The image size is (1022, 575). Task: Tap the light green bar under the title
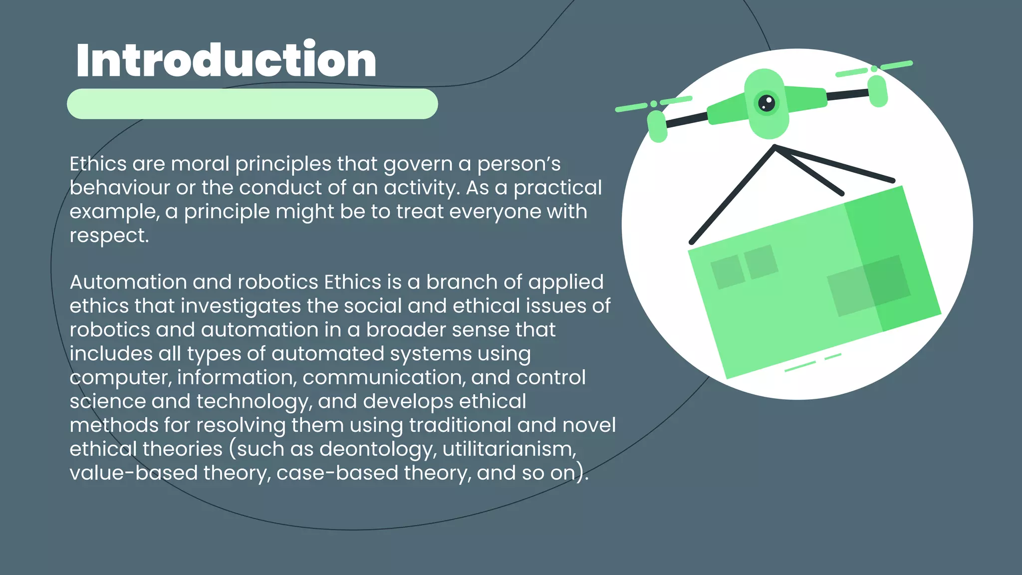pos(252,104)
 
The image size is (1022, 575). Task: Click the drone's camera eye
pos(766,103)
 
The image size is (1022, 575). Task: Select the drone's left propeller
pos(654,103)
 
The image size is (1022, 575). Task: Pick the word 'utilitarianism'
pos(509,449)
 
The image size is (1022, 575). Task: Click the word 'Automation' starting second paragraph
pos(128,282)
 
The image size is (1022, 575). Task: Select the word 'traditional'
pos(460,425)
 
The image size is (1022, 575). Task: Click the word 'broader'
pos(405,330)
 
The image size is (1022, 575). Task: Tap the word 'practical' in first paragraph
pos(557,188)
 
